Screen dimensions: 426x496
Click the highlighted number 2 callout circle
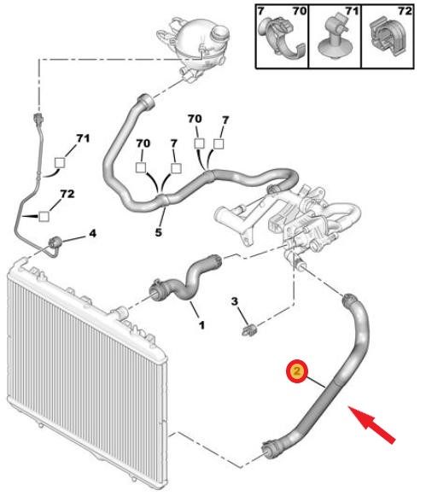296,371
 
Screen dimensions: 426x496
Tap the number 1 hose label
201,325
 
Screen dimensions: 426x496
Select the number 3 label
234,301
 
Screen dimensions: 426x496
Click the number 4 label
92,233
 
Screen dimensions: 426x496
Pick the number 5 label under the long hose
159,232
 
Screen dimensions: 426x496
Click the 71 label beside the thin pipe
83,138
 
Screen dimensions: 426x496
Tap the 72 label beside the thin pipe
67,193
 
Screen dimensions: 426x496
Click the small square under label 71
60,162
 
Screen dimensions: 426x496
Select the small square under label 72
44,216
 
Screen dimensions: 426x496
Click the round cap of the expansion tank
220,32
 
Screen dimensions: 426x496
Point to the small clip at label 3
249,331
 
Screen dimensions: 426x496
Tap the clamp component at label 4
55,242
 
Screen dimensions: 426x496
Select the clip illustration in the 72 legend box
388,38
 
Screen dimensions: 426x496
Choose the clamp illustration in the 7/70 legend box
280,38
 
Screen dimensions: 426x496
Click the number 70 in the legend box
299,11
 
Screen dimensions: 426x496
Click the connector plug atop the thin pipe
38,119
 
